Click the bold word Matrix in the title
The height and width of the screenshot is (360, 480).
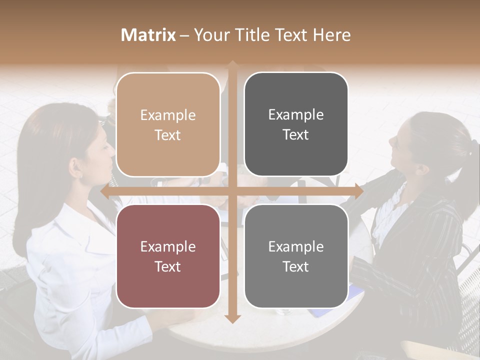click(148, 35)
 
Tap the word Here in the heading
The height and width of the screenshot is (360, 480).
click(332, 35)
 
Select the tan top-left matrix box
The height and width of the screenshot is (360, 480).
click(167, 124)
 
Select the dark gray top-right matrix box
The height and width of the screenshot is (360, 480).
click(296, 124)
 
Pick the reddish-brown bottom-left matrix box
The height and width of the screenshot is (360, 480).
click(167, 256)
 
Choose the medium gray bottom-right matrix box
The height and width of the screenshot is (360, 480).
click(296, 256)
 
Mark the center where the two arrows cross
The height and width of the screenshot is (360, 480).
click(232, 191)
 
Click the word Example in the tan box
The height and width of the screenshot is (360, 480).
click(167, 115)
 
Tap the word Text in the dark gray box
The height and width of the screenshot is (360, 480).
click(296, 135)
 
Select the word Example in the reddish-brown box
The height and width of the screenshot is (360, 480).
click(167, 246)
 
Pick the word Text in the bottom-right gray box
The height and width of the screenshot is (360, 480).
click(296, 266)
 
